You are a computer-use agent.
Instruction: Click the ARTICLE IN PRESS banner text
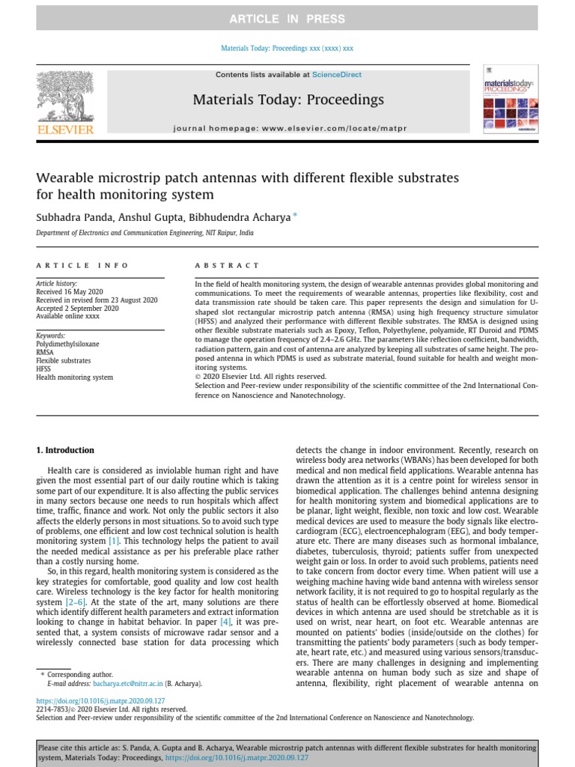pyautogui.click(x=287, y=19)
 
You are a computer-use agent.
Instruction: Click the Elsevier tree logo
pyautogui.click(x=65, y=97)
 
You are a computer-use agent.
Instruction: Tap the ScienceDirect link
pyautogui.click(x=337, y=75)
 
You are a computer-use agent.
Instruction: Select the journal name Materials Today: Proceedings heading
pyautogui.click(x=288, y=100)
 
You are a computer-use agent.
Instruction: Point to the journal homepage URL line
pyautogui.click(x=290, y=129)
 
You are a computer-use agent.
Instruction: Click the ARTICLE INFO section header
pyautogui.click(x=82, y=265)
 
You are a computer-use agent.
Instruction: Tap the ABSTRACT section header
pyautogui.click(x=228, y=265)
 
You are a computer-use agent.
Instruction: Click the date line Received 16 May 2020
pyautogui.click(x=70, y=292)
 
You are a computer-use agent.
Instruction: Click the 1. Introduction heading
pyautogui.click(x=66, y=450)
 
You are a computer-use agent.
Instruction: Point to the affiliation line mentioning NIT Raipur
pyautogui.click(x=144, y=234)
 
